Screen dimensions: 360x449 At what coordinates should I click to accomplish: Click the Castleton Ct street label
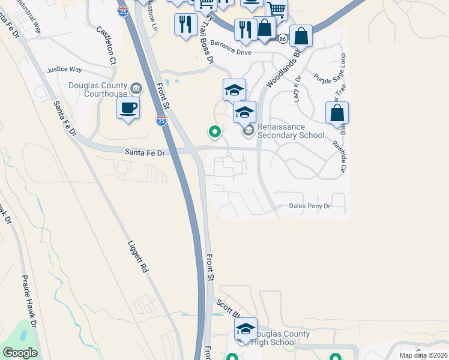click(x=106, y=45)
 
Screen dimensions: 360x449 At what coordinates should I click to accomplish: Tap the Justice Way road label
click(x=64, y=70)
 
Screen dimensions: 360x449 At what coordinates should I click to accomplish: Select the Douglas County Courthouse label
click(x=98, y=89)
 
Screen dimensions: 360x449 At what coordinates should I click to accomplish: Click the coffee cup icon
click(x=128, y=109)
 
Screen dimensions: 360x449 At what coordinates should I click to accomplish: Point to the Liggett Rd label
click(x=137, y=257)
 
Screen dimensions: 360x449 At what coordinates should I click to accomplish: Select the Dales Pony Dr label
click(x=310, y=206)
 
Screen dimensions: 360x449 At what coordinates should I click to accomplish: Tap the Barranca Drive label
click(x=231, y=52)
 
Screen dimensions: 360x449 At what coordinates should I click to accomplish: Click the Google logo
click(x=20, y=353)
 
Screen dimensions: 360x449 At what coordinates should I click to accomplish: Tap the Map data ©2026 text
click(x=423, y=355)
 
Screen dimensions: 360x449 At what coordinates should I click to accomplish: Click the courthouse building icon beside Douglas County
click(x=136, y=89)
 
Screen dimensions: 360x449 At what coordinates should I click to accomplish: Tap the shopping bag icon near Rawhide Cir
click(x=337, y=112)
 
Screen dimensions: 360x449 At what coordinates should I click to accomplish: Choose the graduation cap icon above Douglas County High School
click(x=245, y=329)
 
